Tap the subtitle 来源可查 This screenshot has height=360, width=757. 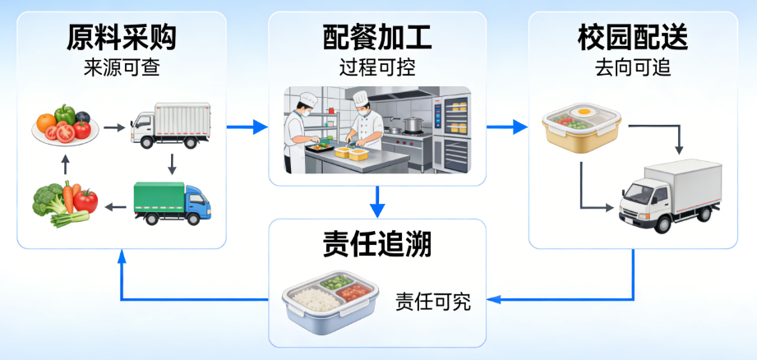click(121, 67)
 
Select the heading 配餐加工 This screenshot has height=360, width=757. click(377, 36)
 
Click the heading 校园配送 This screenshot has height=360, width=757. click(633, 36)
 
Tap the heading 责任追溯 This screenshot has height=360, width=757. click(377, 244)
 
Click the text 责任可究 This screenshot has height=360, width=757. click(432, 301)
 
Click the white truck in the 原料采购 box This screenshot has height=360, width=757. click(170, 126)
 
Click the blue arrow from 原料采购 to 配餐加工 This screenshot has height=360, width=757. click(247, 127)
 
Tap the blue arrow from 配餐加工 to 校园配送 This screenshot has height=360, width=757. click(506, 127)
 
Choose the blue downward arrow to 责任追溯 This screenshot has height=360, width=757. click(377, 201)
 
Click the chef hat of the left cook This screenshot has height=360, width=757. click(308, 99)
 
